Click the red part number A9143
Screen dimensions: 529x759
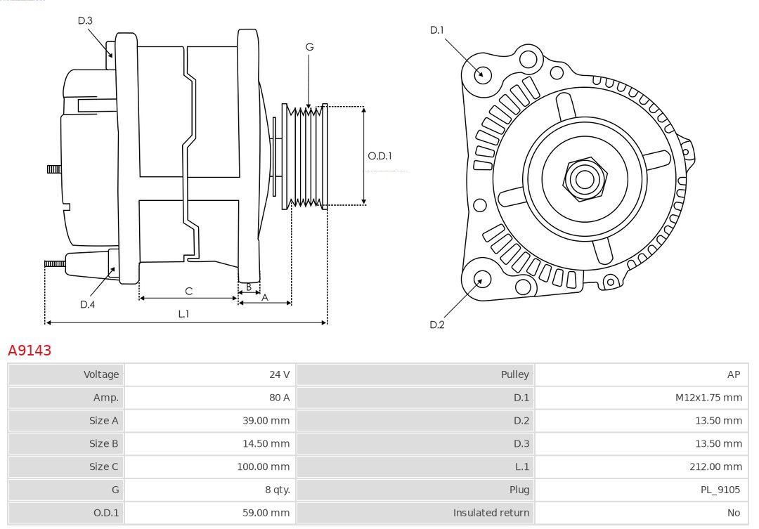pyautogui.click(x=30, y=350)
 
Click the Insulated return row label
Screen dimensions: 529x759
pyautogui.click(x=491, y=513)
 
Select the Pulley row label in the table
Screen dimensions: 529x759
pyautogui.click(x=514, y=374)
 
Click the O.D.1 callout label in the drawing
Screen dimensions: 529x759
pyautogui.click(x=379, y=156)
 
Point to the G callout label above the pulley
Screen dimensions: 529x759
pyautogui.click(x=309, y=47)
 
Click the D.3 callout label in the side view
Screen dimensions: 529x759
pyautogui.click(x=85, y=20)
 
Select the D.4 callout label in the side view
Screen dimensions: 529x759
pyautogui.click(x=87, y=304)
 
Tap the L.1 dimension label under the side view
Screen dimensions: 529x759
pyautogui.click(x=183, y=314)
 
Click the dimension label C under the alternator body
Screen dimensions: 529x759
pyautogui.click(x=188, y=291)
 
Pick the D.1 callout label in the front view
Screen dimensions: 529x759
pyautogui.click(x=437, y=30)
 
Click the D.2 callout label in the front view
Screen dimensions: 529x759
pyautogui.click(x=437, y=325)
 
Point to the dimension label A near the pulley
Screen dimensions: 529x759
pyautogui.click(x=265, y=297)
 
